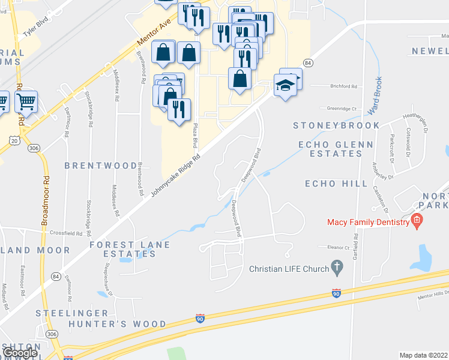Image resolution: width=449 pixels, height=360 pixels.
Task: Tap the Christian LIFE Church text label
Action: (x=289, y=269)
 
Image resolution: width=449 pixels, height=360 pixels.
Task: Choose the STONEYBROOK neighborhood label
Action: (x=336, y=125)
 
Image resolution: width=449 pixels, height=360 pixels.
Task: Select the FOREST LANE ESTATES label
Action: (x=130, y=249)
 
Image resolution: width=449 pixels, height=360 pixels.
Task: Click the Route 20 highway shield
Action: (x=15, y=140)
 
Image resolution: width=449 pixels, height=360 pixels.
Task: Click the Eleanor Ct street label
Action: (x=338, y=247)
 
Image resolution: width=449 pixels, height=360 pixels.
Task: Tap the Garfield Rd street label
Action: (x=356, y=247)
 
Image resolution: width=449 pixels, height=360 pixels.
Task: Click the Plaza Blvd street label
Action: (x=195, y=136)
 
